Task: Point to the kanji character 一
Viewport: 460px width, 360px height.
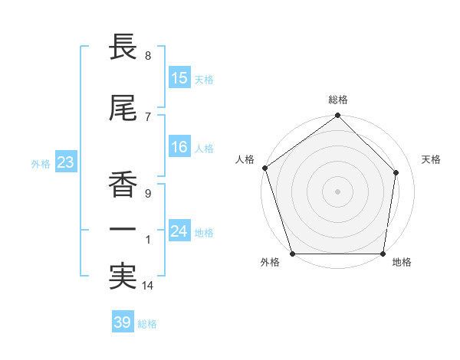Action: (123, 230)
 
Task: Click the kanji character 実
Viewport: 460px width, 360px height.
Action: (123, 277)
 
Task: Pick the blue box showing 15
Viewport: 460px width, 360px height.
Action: (179, 78)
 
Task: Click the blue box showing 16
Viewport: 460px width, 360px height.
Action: (179, 147)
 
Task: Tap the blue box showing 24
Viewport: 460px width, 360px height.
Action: (179, 231)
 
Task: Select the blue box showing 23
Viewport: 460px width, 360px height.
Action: (64, 162)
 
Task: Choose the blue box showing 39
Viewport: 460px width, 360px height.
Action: (122, 322)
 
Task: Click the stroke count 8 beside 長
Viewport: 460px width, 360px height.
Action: (147, 56)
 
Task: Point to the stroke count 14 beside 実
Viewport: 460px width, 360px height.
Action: (149, 286)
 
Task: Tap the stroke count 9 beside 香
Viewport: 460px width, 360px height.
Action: (147, 194)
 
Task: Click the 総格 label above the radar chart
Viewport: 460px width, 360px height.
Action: (338, 100)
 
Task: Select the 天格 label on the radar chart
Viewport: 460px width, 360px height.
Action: (432, 159)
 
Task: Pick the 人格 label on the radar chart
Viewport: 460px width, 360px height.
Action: (245, 159)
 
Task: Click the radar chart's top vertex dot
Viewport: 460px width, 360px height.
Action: (338, 116)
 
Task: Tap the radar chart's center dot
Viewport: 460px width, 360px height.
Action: (338, 191)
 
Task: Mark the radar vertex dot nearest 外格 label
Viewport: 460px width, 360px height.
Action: (292, 254)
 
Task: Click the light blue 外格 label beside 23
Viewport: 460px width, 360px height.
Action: (40, 163)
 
